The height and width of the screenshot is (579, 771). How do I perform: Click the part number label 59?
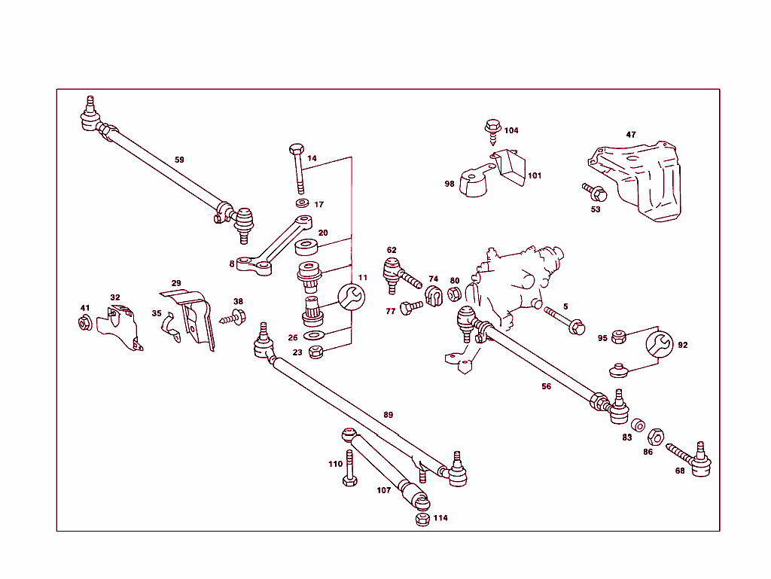(x=179, y=160)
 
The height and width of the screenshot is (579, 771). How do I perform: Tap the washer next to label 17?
(x=302, y=204)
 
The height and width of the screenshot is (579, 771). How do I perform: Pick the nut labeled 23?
(x=317, y=351)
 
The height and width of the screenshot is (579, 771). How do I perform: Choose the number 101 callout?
(x=534, y=176)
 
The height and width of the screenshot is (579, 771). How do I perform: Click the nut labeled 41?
(x=85, y=324)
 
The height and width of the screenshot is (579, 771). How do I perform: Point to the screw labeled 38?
(x=234, y=318)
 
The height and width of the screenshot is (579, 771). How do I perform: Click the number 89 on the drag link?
(x=388, y=415)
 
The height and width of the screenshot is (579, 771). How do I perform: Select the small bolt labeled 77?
(x=411, y=308)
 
